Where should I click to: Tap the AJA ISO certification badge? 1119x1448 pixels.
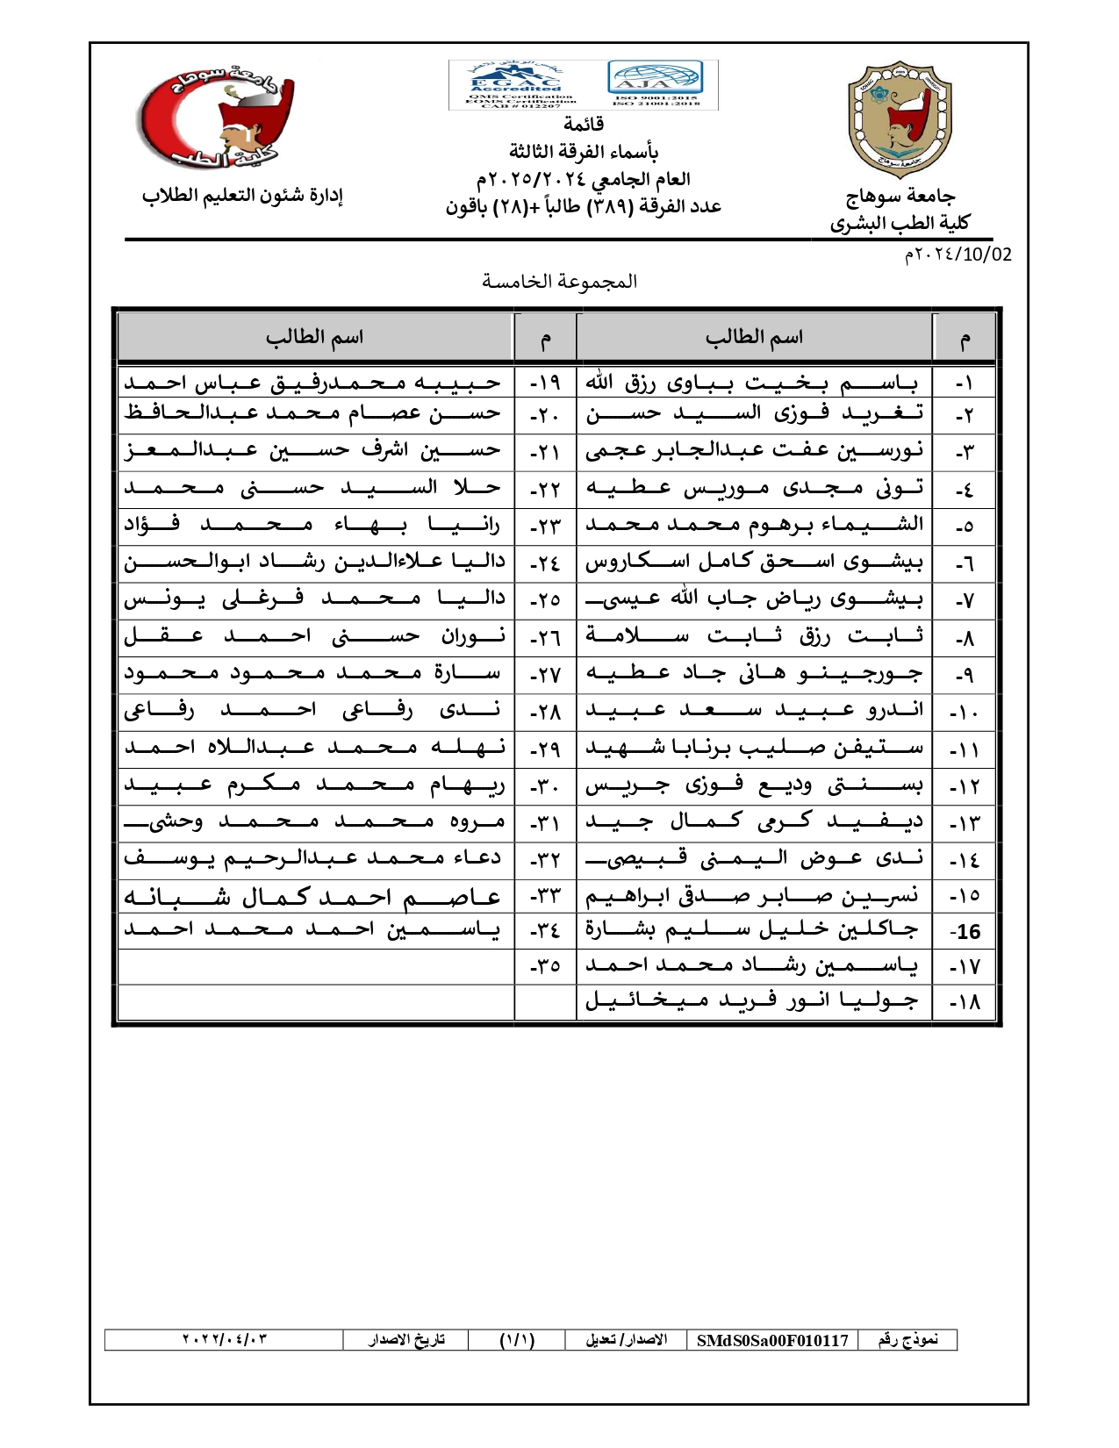656,82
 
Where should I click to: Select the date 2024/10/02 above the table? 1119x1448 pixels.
958,254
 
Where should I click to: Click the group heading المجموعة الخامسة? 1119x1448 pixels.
559,282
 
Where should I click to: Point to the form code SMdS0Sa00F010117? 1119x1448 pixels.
772,1340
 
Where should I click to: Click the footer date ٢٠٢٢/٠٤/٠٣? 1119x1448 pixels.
224,1339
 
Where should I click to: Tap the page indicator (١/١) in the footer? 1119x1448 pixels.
517,1340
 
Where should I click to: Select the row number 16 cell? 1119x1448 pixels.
965,931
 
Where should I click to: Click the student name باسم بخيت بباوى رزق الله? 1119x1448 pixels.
752,384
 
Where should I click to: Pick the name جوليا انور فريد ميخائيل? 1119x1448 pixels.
752,1001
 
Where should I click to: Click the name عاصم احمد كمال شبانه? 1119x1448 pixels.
312,896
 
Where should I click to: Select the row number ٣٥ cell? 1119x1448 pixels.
545,966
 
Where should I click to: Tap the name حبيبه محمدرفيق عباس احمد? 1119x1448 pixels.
312,384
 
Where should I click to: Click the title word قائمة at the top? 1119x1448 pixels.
583,124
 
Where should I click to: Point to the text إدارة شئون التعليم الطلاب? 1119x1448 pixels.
242,196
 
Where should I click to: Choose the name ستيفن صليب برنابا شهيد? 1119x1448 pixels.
754,749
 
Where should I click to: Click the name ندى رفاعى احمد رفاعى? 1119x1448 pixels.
312,711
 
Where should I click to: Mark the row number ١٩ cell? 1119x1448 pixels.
545,384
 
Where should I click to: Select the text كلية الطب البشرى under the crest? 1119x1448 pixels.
900,223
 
